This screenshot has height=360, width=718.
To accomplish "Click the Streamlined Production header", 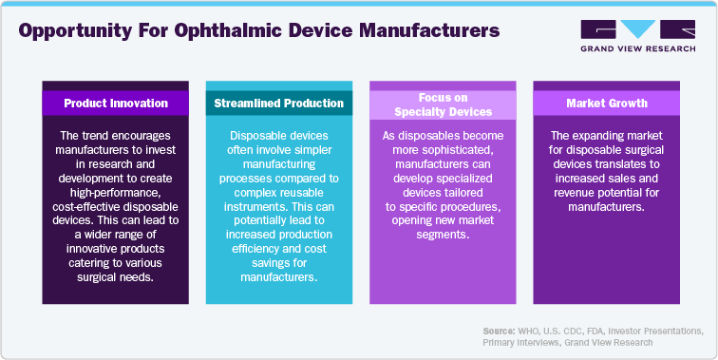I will coord(266,103).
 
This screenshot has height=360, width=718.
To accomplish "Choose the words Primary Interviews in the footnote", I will coord(521,342).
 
